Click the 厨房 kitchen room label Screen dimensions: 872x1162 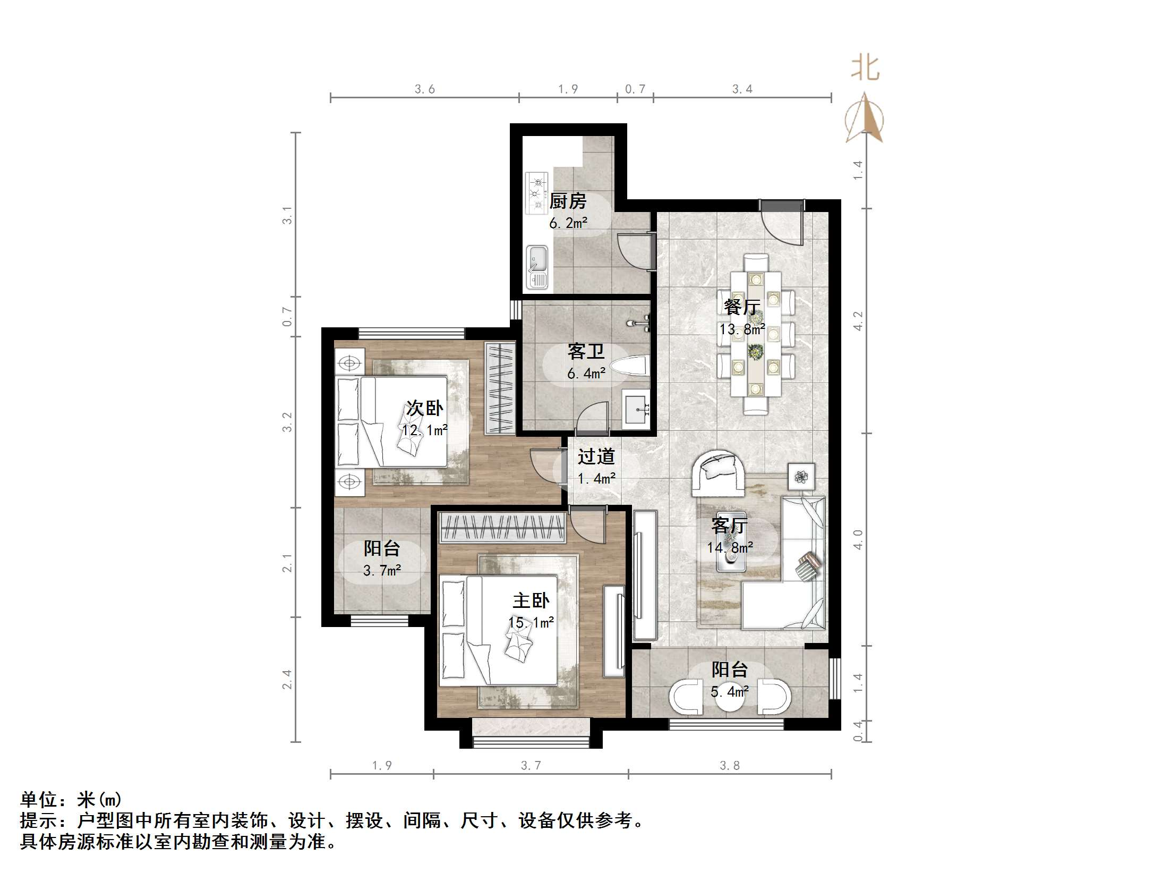pos(568,201)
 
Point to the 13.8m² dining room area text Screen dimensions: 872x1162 pos(741,329)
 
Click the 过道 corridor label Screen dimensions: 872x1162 pos(596,456)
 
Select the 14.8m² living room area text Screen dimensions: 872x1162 pos(730,548)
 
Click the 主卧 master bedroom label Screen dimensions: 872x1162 pos(531,601)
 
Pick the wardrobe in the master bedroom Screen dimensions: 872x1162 pos(502,528)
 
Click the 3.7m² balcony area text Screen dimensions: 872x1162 pos(382,571)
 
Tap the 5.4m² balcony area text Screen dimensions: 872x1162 pos(730,692)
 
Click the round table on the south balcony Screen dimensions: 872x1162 pos(730,700)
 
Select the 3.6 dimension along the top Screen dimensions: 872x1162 pos(424,89)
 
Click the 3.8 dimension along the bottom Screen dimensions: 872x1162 pos(729,766)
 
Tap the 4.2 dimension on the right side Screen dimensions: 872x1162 pos(858,321)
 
